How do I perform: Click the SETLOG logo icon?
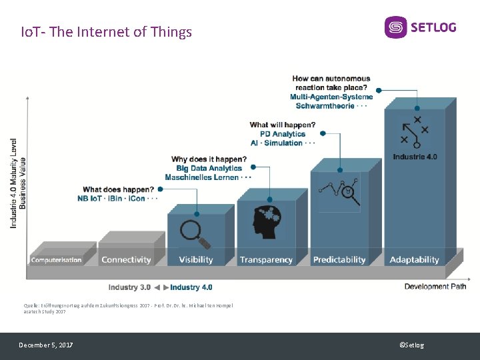[x=395, y=27]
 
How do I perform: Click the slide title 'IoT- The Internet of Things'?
[x=107, y=31]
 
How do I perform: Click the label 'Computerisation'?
[x=57, y=259]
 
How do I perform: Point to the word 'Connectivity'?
[x=126, y=259]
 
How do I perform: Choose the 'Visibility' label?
[x=196, y=259]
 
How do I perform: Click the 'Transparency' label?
[x=266, y=259]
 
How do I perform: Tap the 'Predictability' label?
[x=339, y=259]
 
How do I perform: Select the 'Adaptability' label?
[x=415, y=259]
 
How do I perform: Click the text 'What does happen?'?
[x=118, y=189]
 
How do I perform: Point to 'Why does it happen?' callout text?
[x=209, y=159]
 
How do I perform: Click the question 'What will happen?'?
[x=283, y=125]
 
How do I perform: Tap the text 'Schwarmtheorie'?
[x=325, y=106]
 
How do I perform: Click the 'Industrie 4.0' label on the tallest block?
[x=415, y=157]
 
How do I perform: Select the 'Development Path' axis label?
[x=435, y=286]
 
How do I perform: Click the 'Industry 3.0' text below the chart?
[x=129, y=287]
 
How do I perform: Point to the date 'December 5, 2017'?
[x=46, y=345]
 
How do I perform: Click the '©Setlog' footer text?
[x=411, y=345]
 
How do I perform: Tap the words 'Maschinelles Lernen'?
[x=201, y=177]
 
